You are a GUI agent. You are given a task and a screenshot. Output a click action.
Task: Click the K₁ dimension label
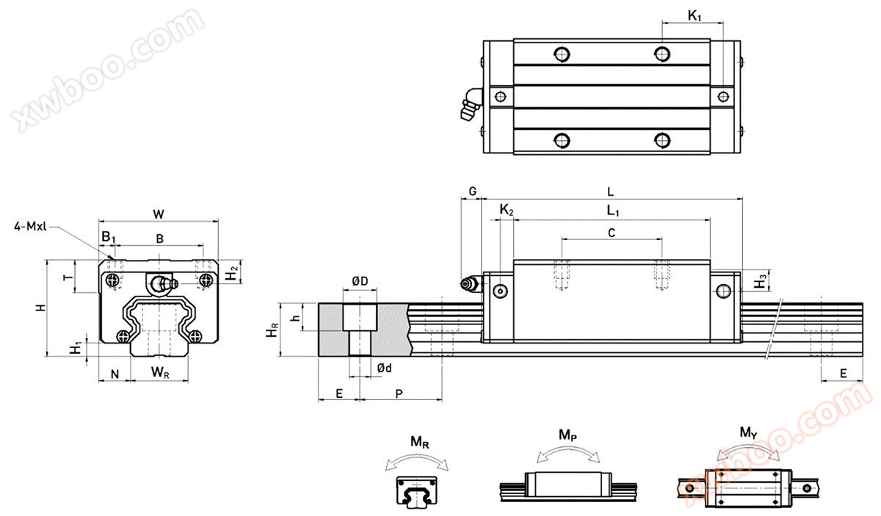[695, 15]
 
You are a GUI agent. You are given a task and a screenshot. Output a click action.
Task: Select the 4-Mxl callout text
[30, 226]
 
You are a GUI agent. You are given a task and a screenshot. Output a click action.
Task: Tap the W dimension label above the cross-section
[159, 214]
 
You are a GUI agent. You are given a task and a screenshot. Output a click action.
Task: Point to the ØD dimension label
[360, 281]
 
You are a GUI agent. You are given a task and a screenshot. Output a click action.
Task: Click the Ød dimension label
[384, 368]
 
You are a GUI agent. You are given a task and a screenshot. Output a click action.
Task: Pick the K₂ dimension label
[506, 210]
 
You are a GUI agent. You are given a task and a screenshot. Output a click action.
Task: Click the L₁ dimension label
[613, 211]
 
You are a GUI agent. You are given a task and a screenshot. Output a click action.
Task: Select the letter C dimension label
[612, 233]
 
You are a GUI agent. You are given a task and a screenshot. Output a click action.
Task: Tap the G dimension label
[473, 192]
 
